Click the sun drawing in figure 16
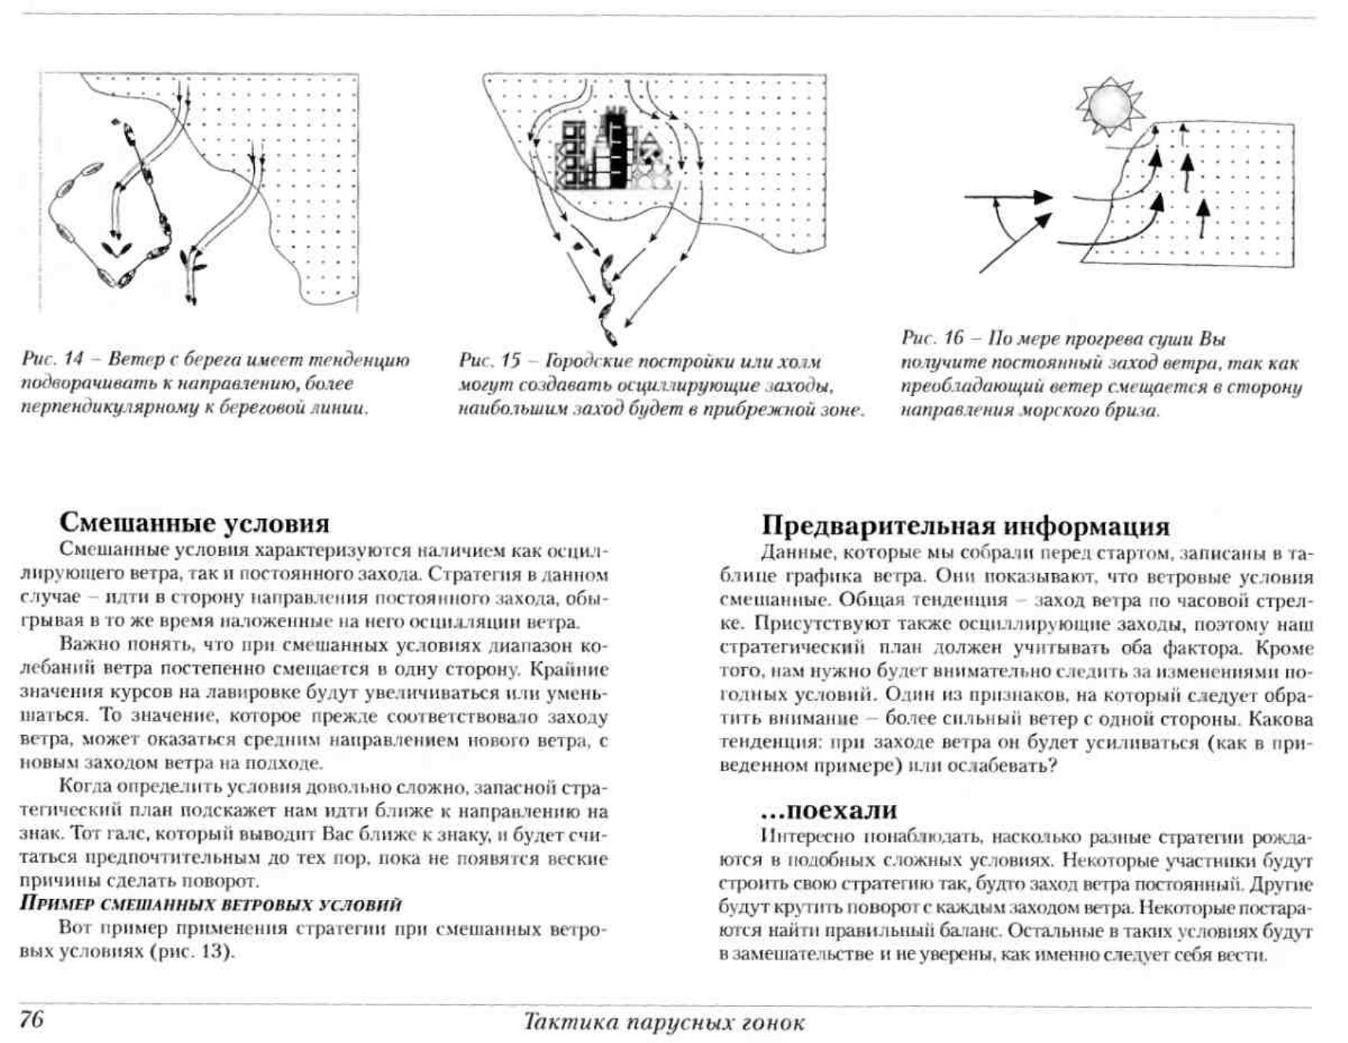coord(1109,105)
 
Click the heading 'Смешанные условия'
coord(194,523)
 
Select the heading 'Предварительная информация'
coord(965,525)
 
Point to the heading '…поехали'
coord(829,810)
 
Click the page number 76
coord(31,1019)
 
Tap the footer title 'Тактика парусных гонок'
coord(664,1023)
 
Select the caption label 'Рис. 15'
coord(490,362)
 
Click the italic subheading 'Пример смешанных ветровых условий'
coord(210,904)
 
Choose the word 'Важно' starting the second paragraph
coord(86,645)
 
